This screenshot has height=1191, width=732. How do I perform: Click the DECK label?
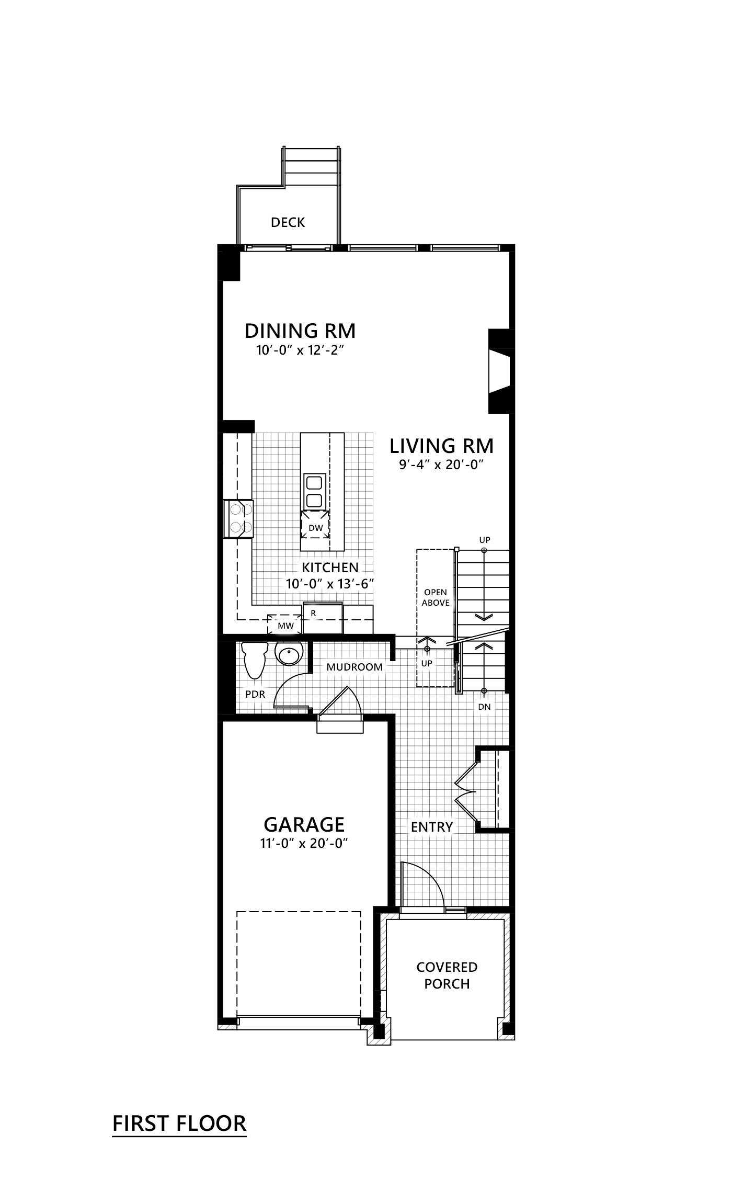[x=288, y=222]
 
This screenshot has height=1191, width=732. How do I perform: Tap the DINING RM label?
[x=300, y=331]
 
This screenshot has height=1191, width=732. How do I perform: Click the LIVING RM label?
[x=442, y=446]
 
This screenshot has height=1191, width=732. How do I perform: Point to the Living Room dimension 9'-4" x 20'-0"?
[x=440, y=465]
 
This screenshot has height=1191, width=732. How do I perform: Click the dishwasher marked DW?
[x=315, y=528]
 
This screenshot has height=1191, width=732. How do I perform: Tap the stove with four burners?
[x=239, y=518]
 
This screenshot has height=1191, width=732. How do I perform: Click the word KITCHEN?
[x=330, y=568]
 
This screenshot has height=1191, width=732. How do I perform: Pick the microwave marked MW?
[x=285, y=626]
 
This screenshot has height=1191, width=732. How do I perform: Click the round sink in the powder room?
[x=289, y=654]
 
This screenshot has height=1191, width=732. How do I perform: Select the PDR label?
[x=255, y=695]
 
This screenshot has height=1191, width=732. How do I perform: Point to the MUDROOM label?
[x=354, y=667]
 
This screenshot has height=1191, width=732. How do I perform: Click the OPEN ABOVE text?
[x=436, y=597]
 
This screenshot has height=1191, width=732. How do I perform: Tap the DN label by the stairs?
[x=484, y=707]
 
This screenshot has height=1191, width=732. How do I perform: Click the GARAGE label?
[x=304, y=825]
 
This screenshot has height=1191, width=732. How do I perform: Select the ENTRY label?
[x=432, y=827]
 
